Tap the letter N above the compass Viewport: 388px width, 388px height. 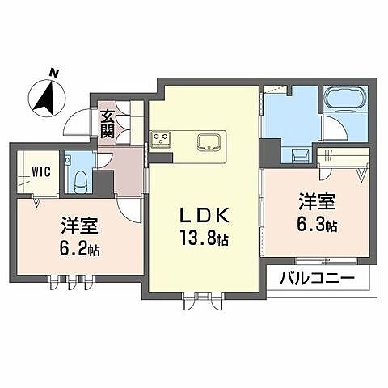[x=54, y=74]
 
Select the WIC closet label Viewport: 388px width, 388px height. [x=43, y=171]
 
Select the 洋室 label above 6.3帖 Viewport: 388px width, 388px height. [x=317, y=198]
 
